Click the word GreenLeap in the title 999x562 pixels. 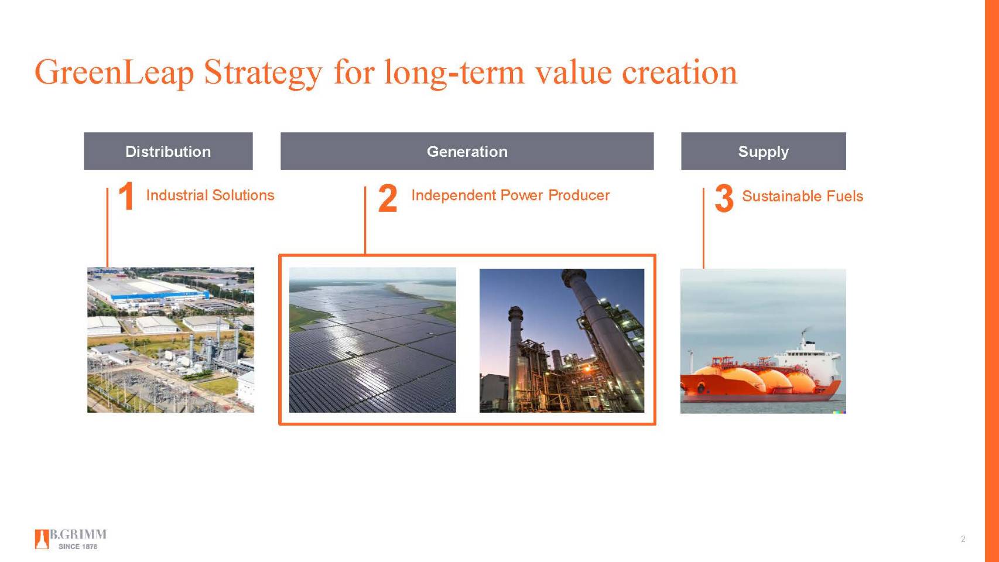114,73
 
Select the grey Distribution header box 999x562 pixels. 168,151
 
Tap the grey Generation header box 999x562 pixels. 467,151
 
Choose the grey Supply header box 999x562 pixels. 763,151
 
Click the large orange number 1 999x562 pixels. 126,196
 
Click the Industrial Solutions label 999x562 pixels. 210,196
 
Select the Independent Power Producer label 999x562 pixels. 510,196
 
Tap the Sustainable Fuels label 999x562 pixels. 802,196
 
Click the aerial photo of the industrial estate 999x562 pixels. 170,340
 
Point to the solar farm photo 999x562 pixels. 372,340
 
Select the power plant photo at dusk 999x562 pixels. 562,340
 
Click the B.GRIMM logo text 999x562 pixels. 78,534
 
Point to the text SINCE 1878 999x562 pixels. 78,546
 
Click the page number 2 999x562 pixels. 963,539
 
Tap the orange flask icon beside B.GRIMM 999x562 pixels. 42,539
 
